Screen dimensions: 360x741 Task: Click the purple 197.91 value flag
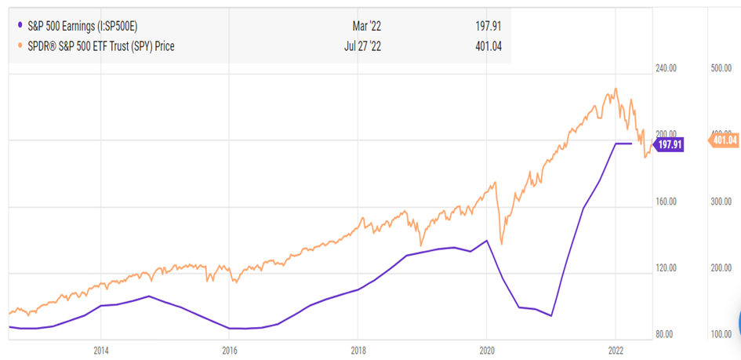tap(669, 145)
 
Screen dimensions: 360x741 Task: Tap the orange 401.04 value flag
tap(723, 140)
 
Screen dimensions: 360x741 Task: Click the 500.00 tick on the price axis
tap(721, 68)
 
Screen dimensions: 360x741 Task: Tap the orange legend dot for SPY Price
tap(19, 46)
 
